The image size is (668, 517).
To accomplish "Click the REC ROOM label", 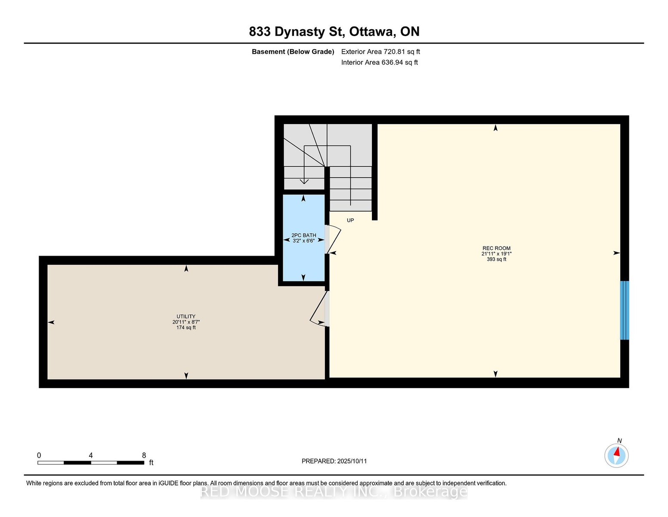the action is [x=496, y=248].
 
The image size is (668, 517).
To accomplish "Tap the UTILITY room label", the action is [x=186, y=317].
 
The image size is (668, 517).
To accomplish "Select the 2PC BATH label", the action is [x=304, y=236].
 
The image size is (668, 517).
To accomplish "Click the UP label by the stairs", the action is [x=350, y=220].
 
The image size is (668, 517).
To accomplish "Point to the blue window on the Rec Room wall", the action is [x=625, y=310].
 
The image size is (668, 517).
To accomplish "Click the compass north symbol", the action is [x=616, y=455].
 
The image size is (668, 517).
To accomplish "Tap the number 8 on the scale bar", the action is [x=144, y=455].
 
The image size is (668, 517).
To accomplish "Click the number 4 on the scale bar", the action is [x=91, y=455].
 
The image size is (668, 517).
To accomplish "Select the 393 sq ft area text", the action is [x=496, y=259].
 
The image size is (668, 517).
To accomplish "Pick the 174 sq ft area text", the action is [x=186, y=327].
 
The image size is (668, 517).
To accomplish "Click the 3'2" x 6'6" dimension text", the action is [x=304, y=241].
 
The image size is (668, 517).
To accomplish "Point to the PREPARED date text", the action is [x=334, y=461].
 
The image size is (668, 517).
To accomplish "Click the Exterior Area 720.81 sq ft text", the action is [x=380, y=52].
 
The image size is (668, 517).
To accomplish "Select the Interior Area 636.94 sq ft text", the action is [x=380, y=62].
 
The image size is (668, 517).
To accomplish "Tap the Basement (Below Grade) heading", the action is [x=293, y=52].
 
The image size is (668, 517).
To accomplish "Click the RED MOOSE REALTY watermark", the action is [x=334, y=492].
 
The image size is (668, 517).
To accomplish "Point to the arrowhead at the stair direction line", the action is [x=304, y=181].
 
